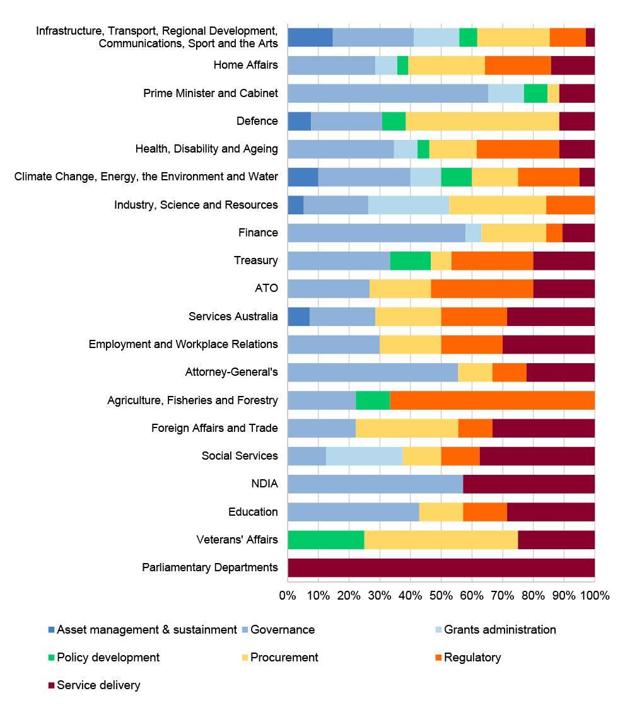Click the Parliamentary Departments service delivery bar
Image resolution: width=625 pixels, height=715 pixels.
tap(441, 567)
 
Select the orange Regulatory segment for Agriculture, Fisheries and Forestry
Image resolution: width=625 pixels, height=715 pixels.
tap(492, 400)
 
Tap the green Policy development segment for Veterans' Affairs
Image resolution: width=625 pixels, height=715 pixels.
tap(325, 540)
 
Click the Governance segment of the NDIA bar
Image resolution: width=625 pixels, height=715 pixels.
tap(375, 484)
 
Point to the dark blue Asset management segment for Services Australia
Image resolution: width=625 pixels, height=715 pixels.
tap(298, 317)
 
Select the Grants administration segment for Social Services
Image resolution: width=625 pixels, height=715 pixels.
tap(364, 456)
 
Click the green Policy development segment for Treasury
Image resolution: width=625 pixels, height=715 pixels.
tap(410, 260)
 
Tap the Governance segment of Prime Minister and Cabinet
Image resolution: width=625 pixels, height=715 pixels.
tap(387, 93)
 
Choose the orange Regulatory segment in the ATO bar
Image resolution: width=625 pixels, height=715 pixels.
tap(482, 289)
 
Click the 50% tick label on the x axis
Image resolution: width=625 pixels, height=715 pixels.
tap(441, 595)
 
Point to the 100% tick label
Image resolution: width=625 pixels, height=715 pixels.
tap(595, 595)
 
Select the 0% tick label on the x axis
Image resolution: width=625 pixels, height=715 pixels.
tap(288, 595)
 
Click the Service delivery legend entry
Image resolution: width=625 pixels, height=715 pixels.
tap(98, 685)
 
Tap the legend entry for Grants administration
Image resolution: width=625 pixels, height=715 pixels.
tap(499, 630)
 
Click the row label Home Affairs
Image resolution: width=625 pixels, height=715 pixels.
tap(245, 65)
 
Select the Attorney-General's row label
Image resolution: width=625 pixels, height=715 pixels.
tap(231, 372)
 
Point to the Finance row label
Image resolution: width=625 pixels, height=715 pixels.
tap(258, 233)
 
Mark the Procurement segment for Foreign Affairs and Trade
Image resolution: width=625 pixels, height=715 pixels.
tap(407, 428)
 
